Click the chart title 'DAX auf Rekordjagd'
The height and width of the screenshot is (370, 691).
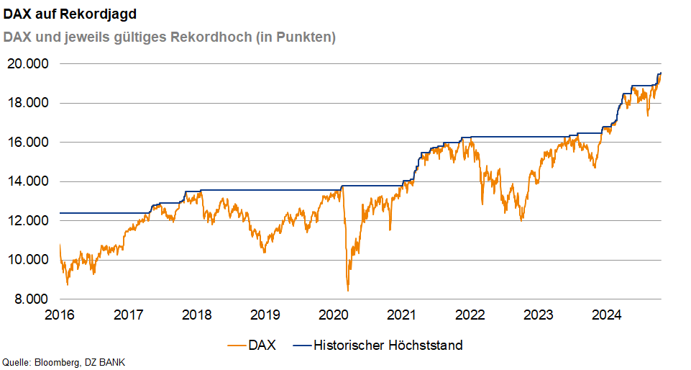[x=70, y=14]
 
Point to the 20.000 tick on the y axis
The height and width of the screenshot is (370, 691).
[x=28, y=64]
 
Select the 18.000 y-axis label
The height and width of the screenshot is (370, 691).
[x=28, y=103]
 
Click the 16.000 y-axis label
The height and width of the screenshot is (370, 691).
[x=28, y=143]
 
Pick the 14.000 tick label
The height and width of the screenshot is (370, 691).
[x=28, y=181]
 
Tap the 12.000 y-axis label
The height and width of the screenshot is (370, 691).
[x=28, y=220]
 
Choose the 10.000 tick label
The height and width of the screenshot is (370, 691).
[x=28, y=260]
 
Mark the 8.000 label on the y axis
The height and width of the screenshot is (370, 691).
[x=31, y=299]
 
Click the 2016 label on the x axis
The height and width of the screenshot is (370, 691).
[x=60, y=315]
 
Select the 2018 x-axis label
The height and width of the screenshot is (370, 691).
[x=196, y=315]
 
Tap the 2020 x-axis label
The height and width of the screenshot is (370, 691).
[x=333, y=315]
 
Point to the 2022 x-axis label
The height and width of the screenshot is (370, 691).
[x=470, y=315]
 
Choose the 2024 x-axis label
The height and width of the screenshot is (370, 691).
[x=606, y=315]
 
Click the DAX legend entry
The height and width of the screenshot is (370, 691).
[x=252, y=345]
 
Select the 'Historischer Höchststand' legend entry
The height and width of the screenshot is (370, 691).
[x=378, y=345]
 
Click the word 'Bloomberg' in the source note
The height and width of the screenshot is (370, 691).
[x=56, y=363]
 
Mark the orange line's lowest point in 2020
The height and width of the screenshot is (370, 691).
[x=348, y=290]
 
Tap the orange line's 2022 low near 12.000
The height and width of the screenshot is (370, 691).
[x=522, y=220]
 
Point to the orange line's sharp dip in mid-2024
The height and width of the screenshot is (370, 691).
[x=647, y=116]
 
